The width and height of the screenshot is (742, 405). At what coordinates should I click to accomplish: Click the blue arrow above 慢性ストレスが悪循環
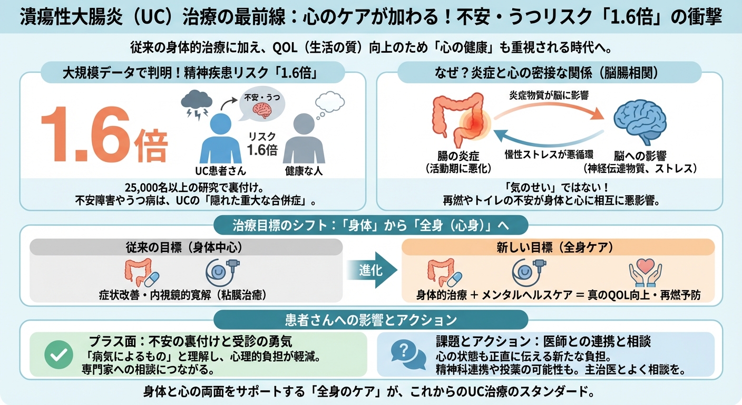click(x=548, y=137)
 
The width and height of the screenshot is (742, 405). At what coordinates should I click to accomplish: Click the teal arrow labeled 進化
click(x=372, y=271)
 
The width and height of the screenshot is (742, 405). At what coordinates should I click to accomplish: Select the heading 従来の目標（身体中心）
click(x=187, y=247)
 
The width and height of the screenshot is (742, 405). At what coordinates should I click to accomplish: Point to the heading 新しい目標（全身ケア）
click(x=558, y=247)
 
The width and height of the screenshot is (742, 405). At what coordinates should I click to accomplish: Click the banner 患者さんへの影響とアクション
click(x=370, y=320)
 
